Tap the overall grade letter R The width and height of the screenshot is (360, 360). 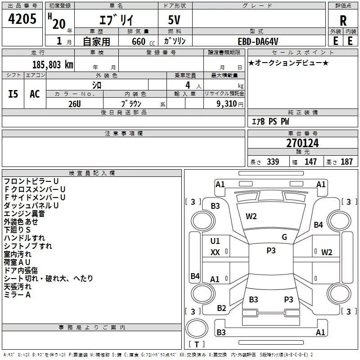tap(343, 21)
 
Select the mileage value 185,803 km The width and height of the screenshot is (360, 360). tap(53, 64)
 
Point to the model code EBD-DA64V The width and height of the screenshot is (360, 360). tap(257, 41)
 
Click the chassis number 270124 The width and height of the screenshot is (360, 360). tap(302, 144)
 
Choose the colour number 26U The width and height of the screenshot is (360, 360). tap(74, 103)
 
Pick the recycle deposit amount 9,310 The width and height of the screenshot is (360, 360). tap(223, 103)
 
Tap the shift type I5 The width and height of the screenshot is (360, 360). tap(13, 94)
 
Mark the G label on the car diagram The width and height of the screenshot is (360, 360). tap(284, 237)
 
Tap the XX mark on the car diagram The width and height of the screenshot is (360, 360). tap(215, 252)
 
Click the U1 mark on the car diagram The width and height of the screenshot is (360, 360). tap(215, 241)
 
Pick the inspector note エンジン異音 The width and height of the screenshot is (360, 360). tap(24, 213)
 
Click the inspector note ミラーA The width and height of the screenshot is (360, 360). tap(17, 294)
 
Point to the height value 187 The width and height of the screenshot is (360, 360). tap(346, 162)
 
